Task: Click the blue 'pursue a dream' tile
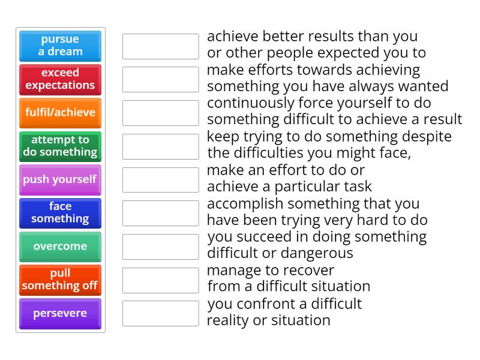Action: pyautogui.click(x=60, y=46)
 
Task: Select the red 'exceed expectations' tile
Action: pyautogui.click(x=60, y=79)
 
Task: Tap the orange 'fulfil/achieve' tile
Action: pyautogui.click(x=60, y=113)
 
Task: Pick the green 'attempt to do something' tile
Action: pyautogui.click(x=60, y=146)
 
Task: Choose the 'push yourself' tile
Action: pyautogui.click(x=60, y=179)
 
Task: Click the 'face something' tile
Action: pyautogui.click(x=60, y=213)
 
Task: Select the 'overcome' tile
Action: pyautogui.click(x=60, y=247)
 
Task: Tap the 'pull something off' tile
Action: pyautogui.click(x=60, y=280)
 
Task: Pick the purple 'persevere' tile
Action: pyautogui.click(x=60, y=313)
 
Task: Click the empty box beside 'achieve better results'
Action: pyautogui.click(x=160, y=46)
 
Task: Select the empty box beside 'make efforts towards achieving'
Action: pyautogui.click(x=160, y=79)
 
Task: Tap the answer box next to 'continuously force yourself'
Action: pyautogui.click(x=160, y=113)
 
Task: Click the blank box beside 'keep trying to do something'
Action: pyautogui.click(x=160, y=146)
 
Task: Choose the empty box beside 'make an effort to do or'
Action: pyautogui.click(x=160, y=180)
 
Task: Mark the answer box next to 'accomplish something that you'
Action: pyautogui.click(x=160, y=213)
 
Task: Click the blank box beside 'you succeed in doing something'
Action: pyautogui.click(x=160, y=247)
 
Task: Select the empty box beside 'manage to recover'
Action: pyautogui.click(x=160, y=280)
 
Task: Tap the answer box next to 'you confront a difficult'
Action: pyautogui.click(x=160, y=313)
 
